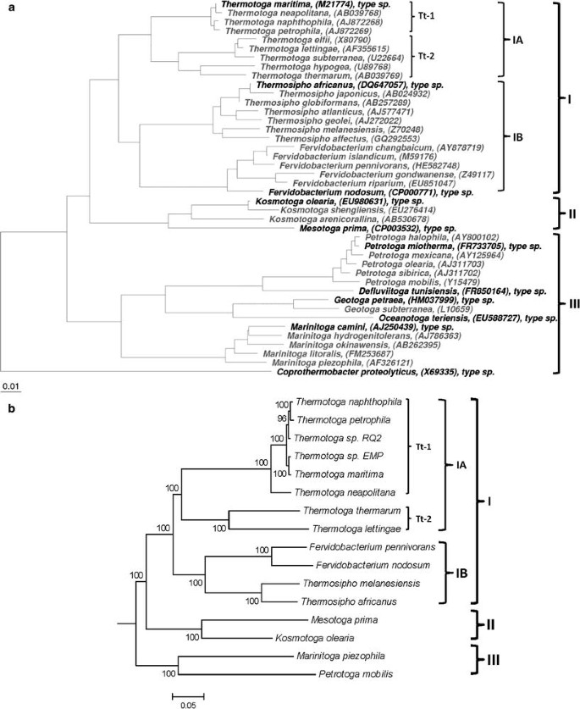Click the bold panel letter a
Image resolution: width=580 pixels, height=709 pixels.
[7, 6]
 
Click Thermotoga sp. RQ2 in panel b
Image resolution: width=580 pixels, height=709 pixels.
[335, 440]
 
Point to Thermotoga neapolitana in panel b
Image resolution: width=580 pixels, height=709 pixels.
[351, 491]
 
